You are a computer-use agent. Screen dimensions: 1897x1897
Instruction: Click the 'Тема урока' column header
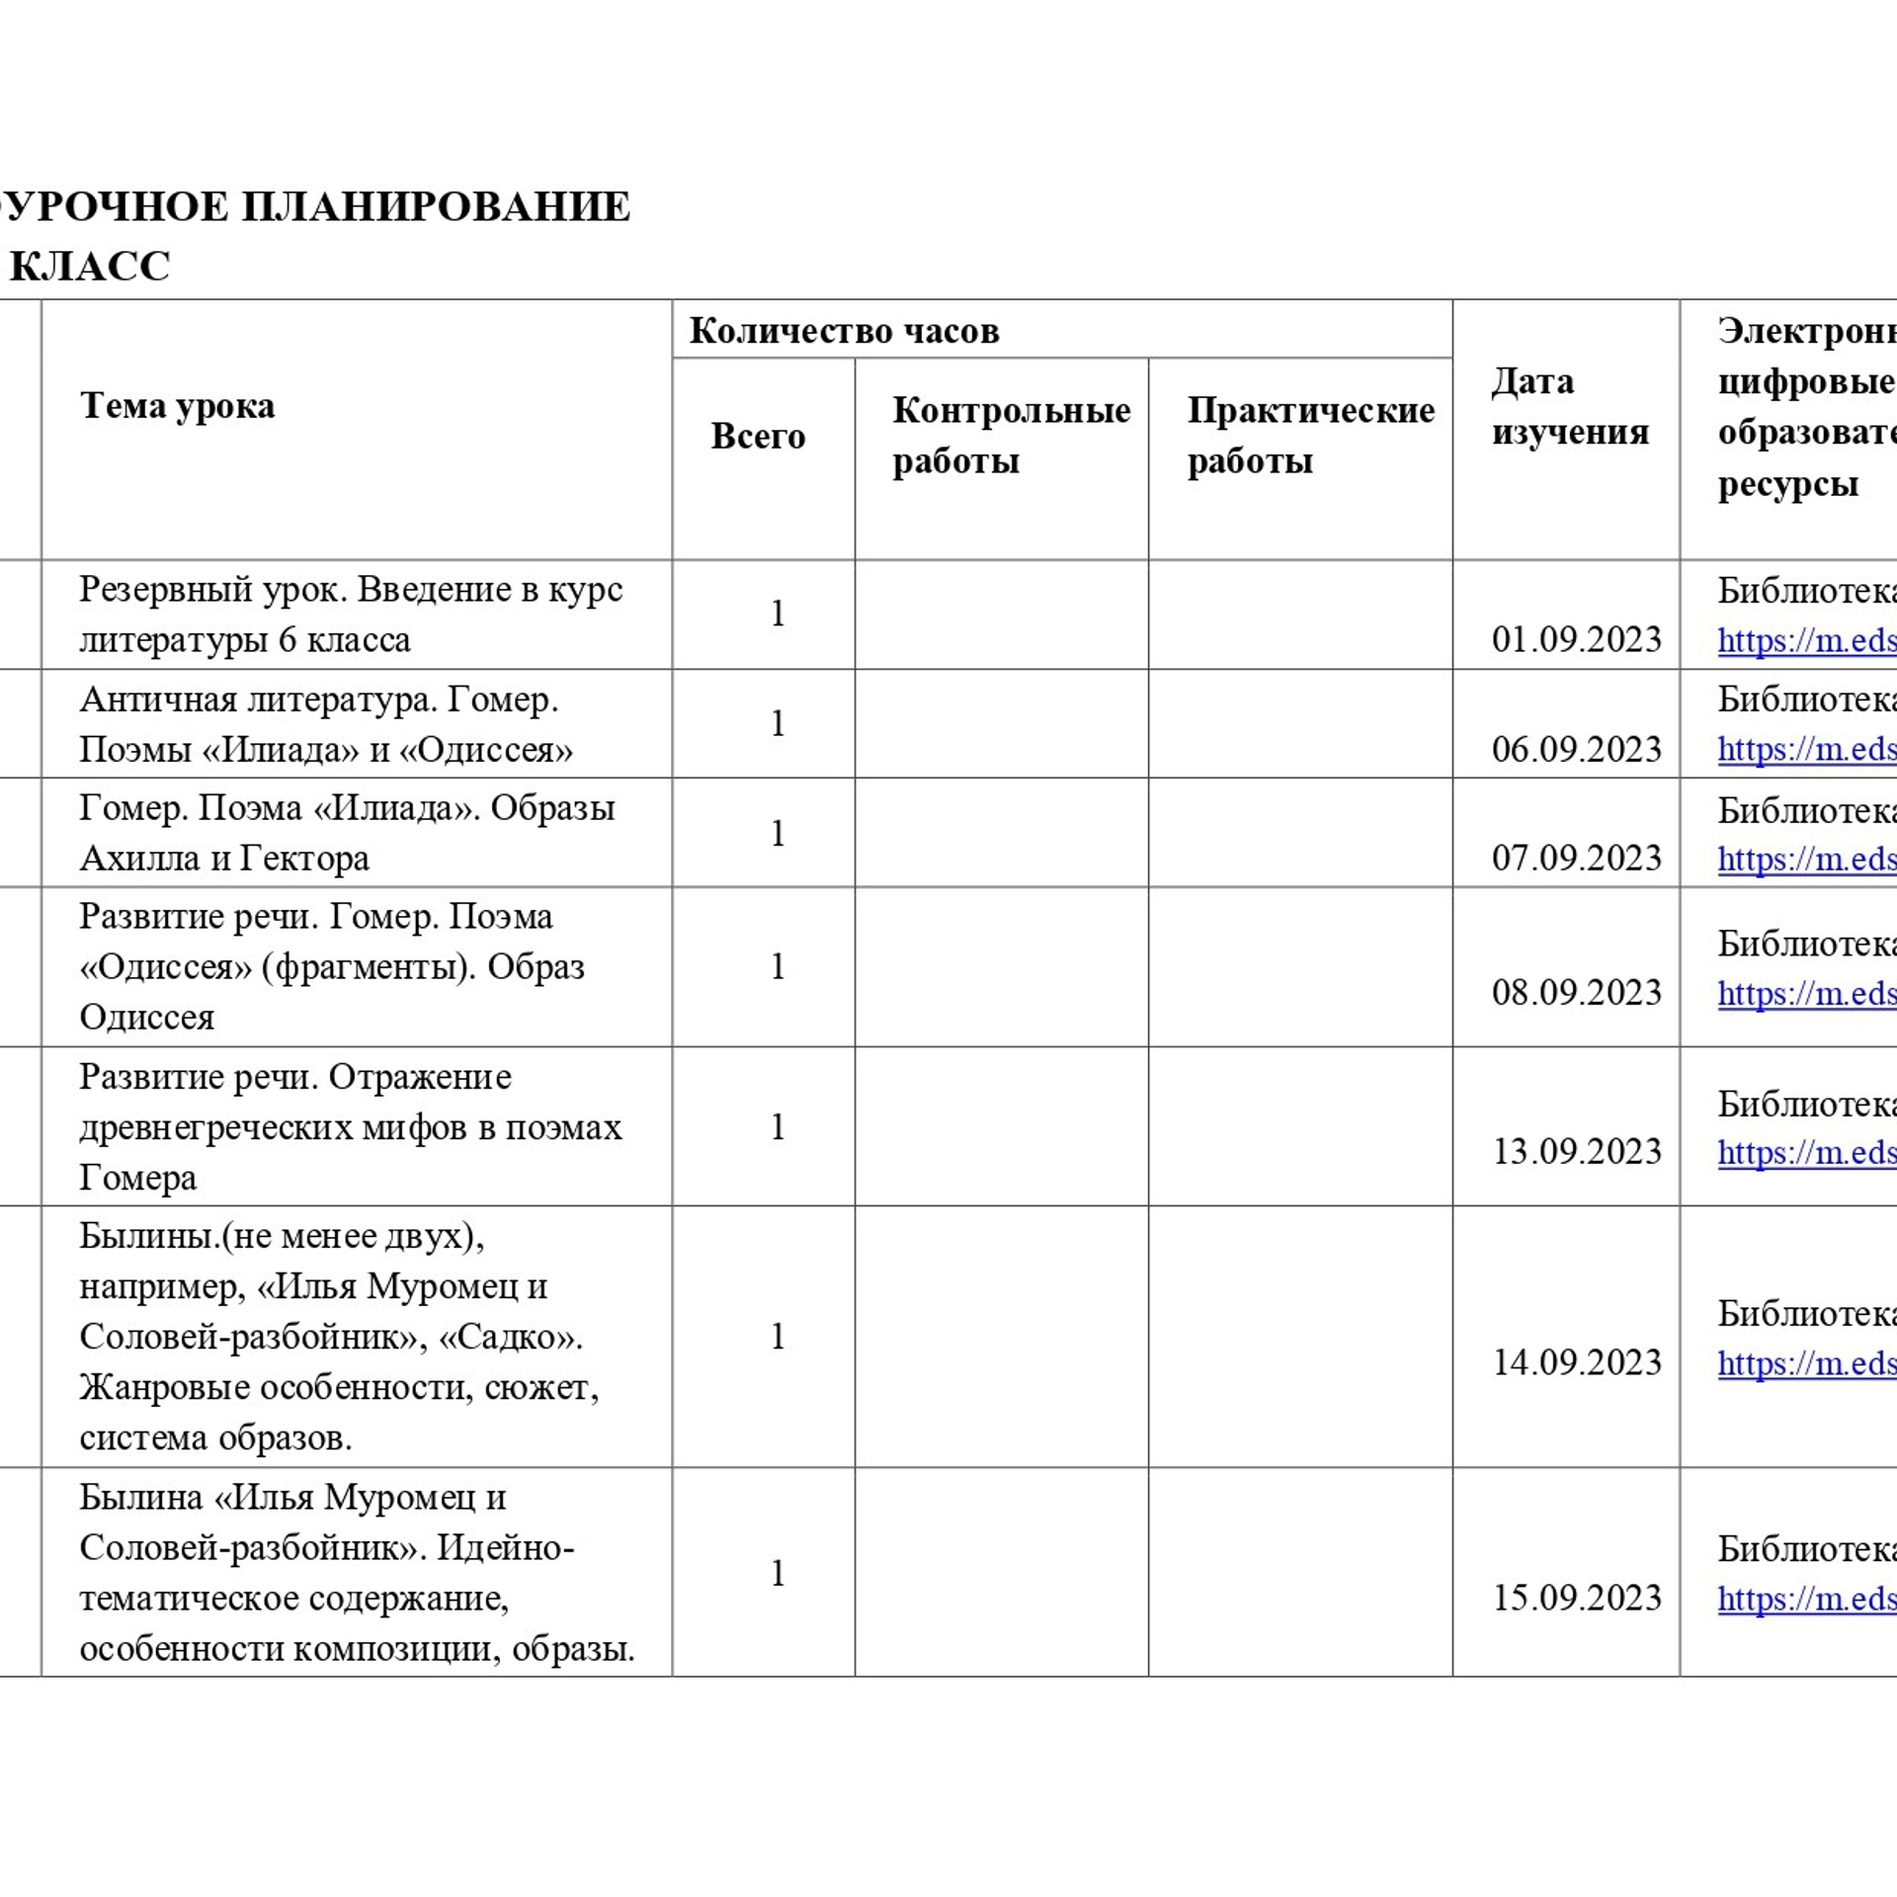177,406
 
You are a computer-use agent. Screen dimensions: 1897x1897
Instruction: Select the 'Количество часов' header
844,330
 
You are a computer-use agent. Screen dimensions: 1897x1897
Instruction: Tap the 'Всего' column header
758,436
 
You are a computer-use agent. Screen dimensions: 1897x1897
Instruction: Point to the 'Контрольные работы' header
1010,435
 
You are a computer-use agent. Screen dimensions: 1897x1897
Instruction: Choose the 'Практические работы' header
1310,435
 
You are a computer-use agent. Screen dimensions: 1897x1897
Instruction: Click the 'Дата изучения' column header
1569,406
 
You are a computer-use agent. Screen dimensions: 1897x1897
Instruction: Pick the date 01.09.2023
1577,639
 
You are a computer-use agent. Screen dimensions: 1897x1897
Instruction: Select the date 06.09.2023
1577,749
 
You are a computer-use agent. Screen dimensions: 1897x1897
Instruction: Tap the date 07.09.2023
1577,858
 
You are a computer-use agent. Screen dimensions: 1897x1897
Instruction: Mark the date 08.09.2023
1577,992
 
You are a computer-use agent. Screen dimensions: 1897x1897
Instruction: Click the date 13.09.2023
1577,1151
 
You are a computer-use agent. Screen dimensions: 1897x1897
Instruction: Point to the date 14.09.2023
1577,1362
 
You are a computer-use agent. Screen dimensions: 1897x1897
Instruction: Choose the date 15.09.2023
1577,1598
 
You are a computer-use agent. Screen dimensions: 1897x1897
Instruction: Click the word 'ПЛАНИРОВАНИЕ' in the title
436,206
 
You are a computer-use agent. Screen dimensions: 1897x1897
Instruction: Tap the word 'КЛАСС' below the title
91,266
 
